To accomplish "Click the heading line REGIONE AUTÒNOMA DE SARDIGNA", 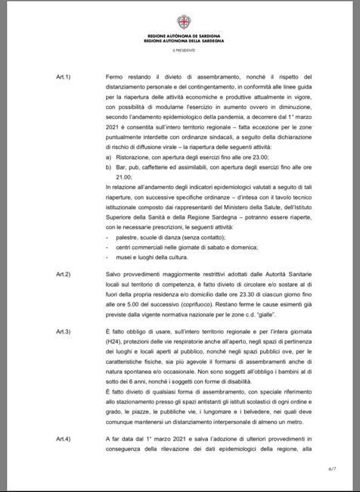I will [179, 36].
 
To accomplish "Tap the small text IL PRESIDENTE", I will [179, 49].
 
